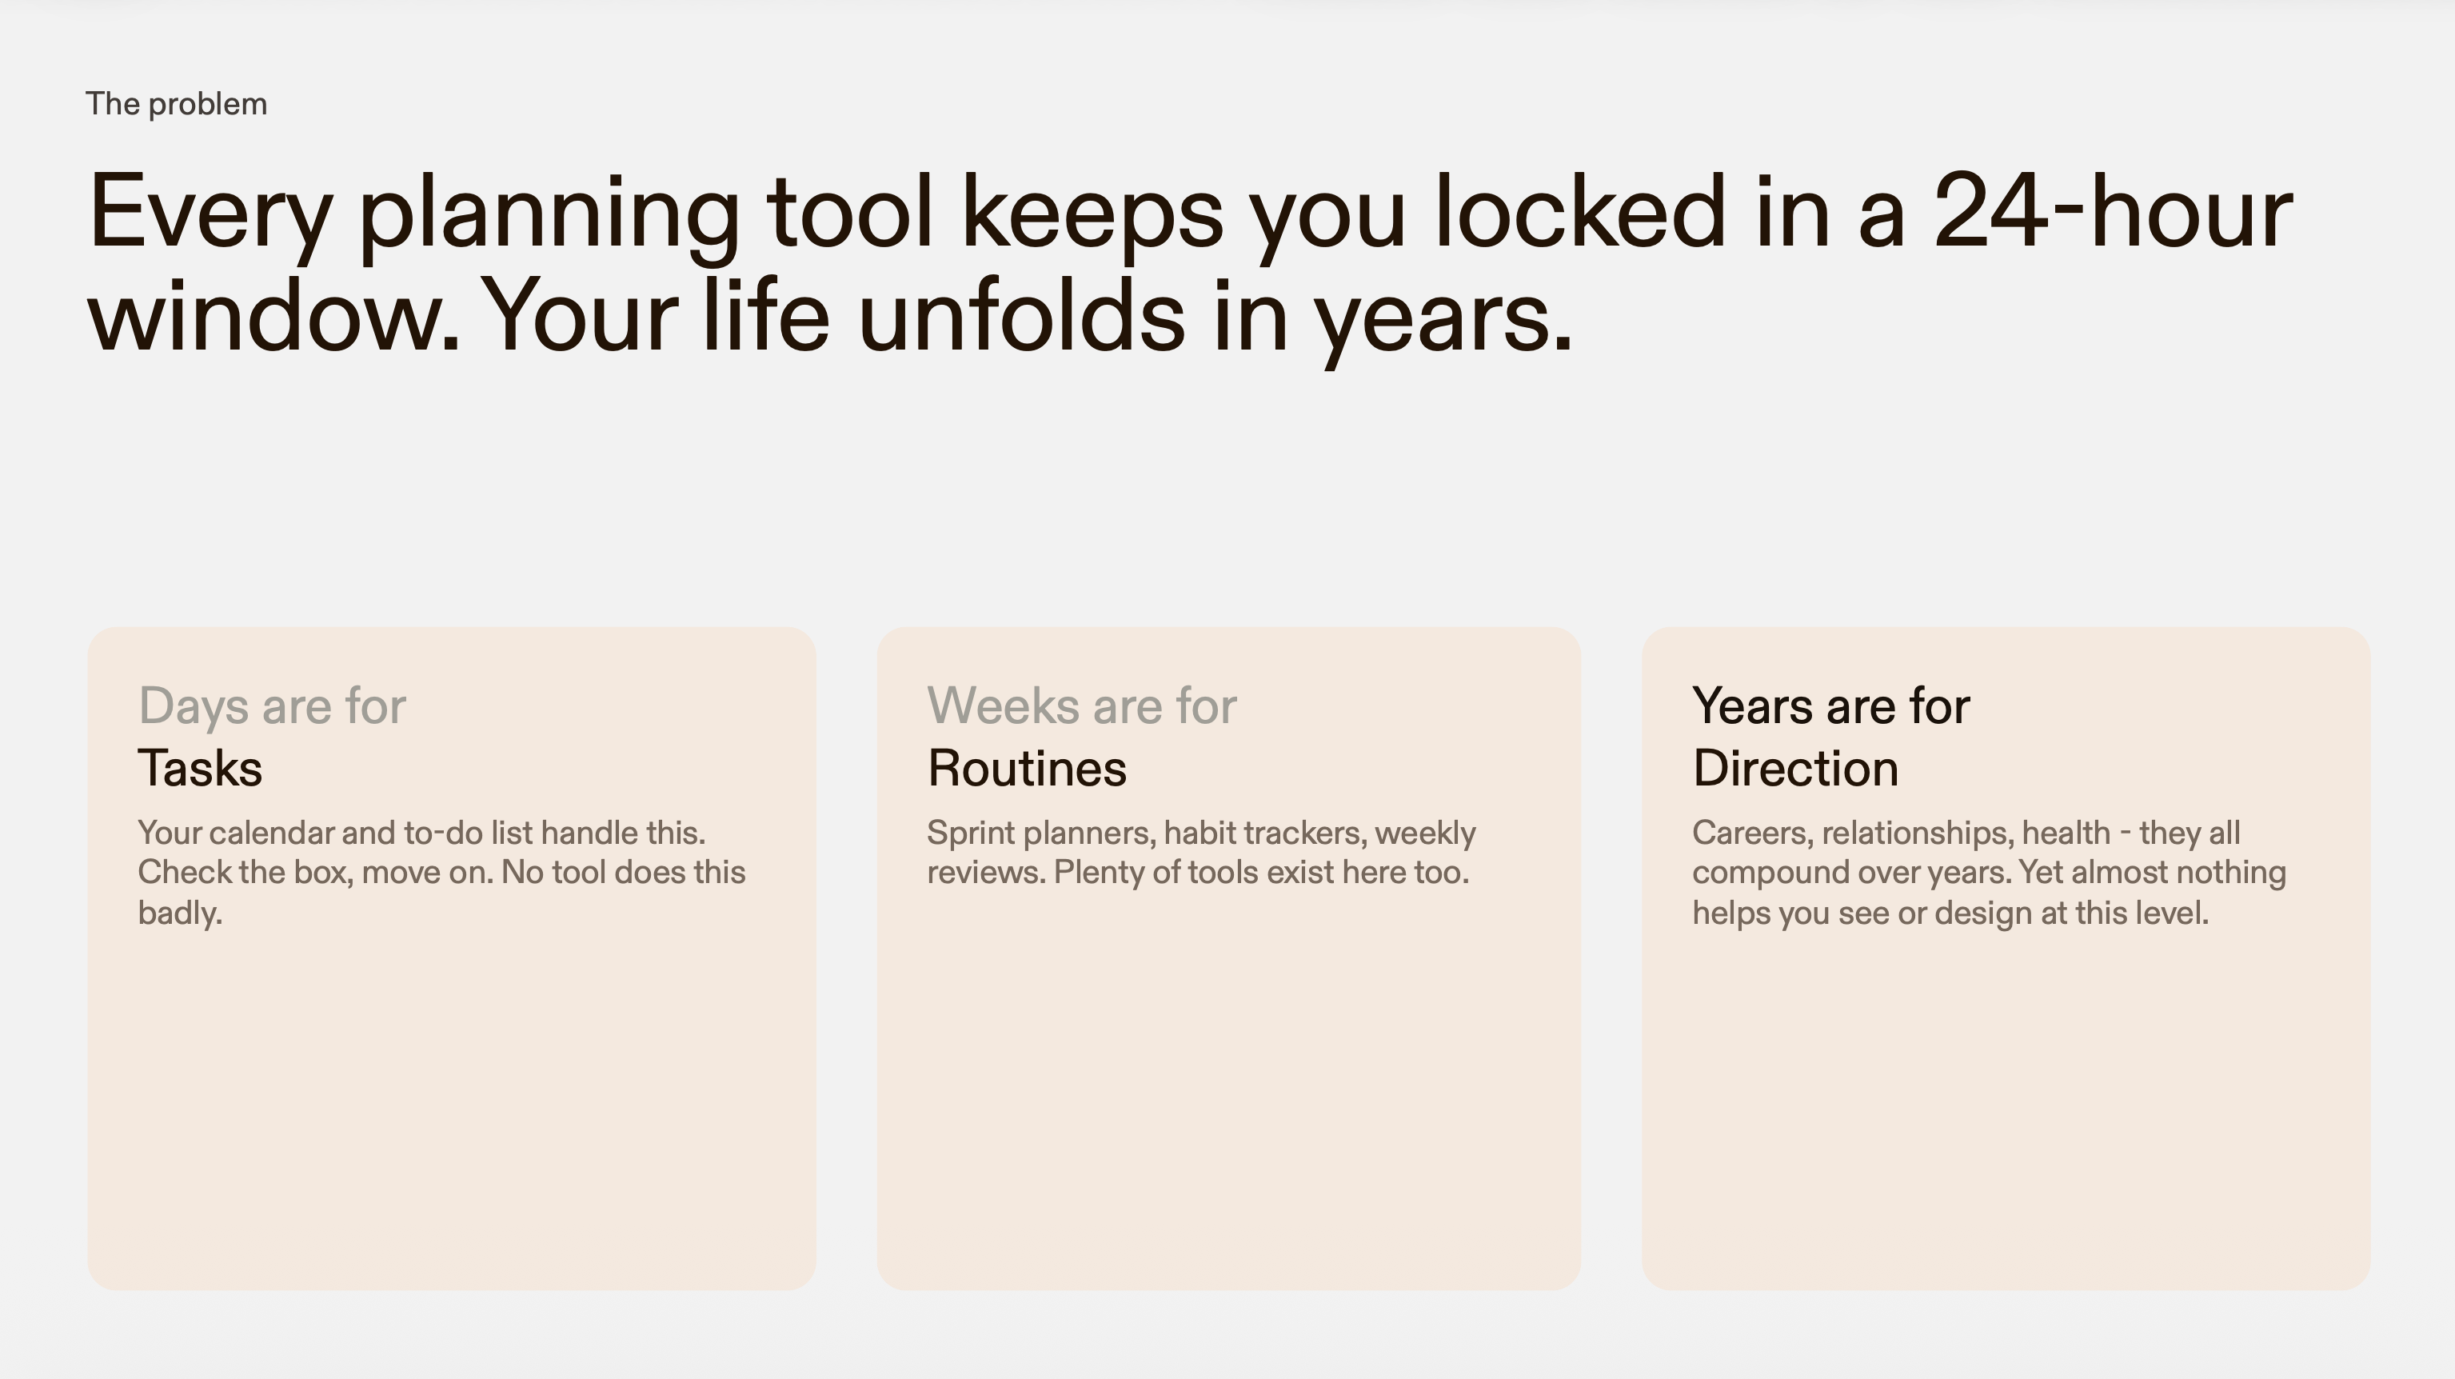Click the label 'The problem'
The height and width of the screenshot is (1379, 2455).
176,104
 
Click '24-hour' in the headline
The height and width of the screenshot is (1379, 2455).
2113,210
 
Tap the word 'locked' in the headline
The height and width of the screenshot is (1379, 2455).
1579,210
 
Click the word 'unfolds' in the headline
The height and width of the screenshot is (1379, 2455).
1023,314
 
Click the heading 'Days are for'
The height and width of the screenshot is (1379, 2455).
273,706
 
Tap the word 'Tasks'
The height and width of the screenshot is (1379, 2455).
200,768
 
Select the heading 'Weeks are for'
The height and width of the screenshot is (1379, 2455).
1082,706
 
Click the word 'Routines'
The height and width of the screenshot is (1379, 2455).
1028,768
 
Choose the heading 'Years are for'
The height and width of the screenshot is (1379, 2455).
1830,706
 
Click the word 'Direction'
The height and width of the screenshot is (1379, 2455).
1795,768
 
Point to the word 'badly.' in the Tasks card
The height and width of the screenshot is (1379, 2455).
180,913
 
